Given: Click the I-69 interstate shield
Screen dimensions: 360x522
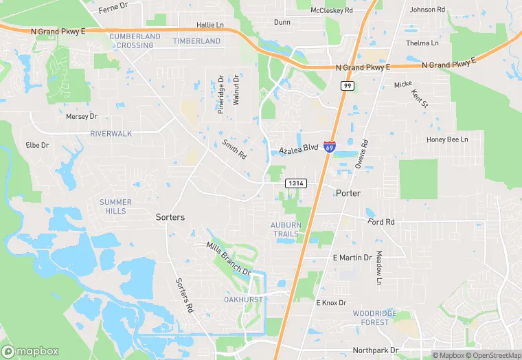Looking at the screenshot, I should [x=330, y=147].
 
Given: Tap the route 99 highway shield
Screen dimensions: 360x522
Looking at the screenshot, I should [x=348, y=85].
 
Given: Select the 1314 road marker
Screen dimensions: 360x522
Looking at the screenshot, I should [x=296, y=183].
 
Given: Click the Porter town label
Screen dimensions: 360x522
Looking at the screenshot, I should [x=348, y=193].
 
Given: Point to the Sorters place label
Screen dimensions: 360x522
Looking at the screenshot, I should [x=170, y=217].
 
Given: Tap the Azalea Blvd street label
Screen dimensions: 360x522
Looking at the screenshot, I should [x=299, y=148].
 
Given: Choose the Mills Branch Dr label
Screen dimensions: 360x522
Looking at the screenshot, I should [x=229, y=258].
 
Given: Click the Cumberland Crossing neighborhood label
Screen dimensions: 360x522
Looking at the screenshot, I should [x=131, y=41].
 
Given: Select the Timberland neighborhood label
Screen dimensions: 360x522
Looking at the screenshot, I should [x=197, y=41].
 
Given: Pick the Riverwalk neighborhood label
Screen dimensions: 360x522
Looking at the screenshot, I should [x=111, y=133].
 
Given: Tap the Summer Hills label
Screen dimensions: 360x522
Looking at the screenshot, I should [x=115, y=206].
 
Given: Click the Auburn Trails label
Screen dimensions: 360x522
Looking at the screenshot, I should [x=285, y=229].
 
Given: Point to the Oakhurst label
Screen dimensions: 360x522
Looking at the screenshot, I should [x=244, y=300].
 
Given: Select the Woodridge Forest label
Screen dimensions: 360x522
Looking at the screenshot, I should [x=375, y=317].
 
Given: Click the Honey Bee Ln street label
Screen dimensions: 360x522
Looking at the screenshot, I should [x=447, y=139].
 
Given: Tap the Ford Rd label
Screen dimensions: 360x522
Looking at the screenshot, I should [x=381, y=222].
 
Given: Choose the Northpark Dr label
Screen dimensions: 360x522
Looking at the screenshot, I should [x=375, y=350].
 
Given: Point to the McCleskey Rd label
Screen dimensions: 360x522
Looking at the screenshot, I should [x=331, y=10].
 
